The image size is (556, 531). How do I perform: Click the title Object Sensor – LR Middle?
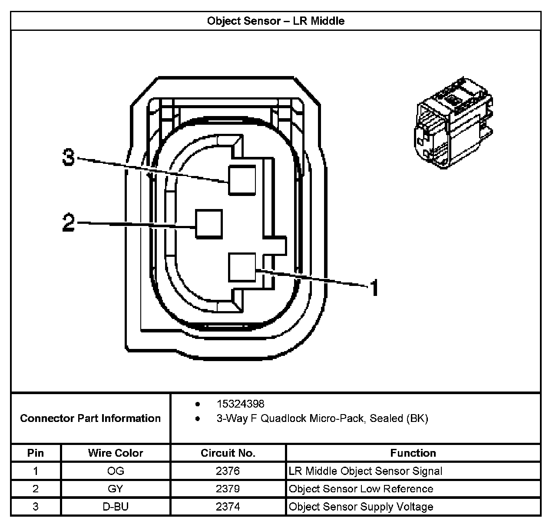pyautogui.click(x=276, y=21)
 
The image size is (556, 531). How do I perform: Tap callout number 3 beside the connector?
pyautogui.click(x=69, y=157)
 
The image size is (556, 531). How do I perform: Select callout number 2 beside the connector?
pyautogui.click(x=69, y=223)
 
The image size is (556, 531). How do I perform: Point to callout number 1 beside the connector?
pyautogui.click(x=374, y=288)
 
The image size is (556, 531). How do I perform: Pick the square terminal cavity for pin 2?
pyautogui.click(x=209, y=224)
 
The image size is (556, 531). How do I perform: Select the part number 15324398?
pyautogui.click(x=240, y=404)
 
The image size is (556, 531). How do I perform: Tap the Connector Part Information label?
pyautogui.click(x=90, y=418)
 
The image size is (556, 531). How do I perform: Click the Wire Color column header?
pyautogui.click(x=116, y=453)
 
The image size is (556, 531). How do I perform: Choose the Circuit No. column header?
pyautogui.click(x=228, y=453)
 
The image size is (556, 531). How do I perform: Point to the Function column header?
pyautogui.click(x=413, y=453)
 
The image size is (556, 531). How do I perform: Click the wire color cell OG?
pyautogui.click(x=116, y=471)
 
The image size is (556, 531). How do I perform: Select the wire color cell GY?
pyautogui.click(x=116, y=489)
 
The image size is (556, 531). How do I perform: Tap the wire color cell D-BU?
pyautogui.click(x=116, y=507)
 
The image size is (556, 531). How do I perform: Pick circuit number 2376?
pyautogui.click(x=228, y=471)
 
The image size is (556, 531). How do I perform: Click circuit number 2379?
pyautogui.click(x=228, y=489)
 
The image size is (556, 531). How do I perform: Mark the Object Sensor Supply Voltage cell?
pyautogui.click(x=361, y=507)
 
